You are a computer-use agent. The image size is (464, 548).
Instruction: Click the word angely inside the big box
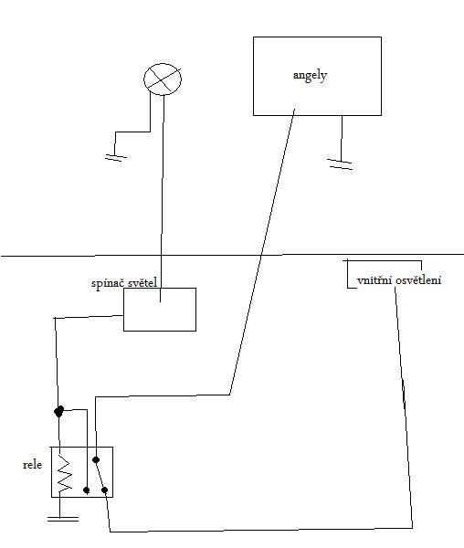pos(310,76)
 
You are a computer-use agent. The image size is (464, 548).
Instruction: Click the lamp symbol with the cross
pos(163,79)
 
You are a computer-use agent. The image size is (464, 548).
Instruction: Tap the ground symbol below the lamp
pos(116,157)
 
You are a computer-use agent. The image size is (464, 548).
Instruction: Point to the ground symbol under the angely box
pos(341,164)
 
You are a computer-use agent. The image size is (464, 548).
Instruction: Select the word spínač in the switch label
pos(106,283)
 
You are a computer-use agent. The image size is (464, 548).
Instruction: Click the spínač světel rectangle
pos(160,310)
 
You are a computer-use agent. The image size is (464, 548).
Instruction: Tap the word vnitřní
pos(374,280)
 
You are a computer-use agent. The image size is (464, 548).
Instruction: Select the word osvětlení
pos(418,280)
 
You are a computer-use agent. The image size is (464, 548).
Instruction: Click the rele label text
pos(33,465)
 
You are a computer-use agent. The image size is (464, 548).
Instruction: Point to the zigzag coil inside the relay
pos(65,473)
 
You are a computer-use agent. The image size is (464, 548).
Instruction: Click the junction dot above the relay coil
pos(58,411)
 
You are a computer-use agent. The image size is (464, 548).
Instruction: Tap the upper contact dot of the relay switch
pos(96,459)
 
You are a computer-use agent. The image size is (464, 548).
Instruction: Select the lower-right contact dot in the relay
pos(104,490)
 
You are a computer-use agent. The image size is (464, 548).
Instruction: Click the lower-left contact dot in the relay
pos(87,490)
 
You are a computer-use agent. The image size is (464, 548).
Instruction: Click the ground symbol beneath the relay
pos(63,519)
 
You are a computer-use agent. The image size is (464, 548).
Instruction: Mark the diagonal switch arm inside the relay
pos(100,475)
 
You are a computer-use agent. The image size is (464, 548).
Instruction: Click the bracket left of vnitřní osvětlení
pos(347,274)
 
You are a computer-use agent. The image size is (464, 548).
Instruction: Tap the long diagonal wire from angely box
pos(262,252)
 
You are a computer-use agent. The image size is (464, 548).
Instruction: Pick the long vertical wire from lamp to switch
pos(162,197)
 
